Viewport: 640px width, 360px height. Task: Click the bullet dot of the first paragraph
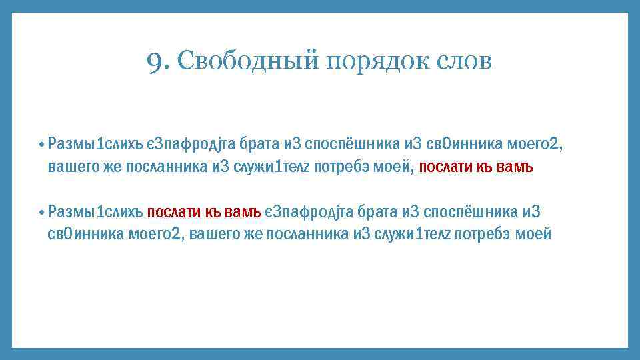(x=41, y=144)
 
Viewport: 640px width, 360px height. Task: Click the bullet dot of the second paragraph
(x=41, y=213)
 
